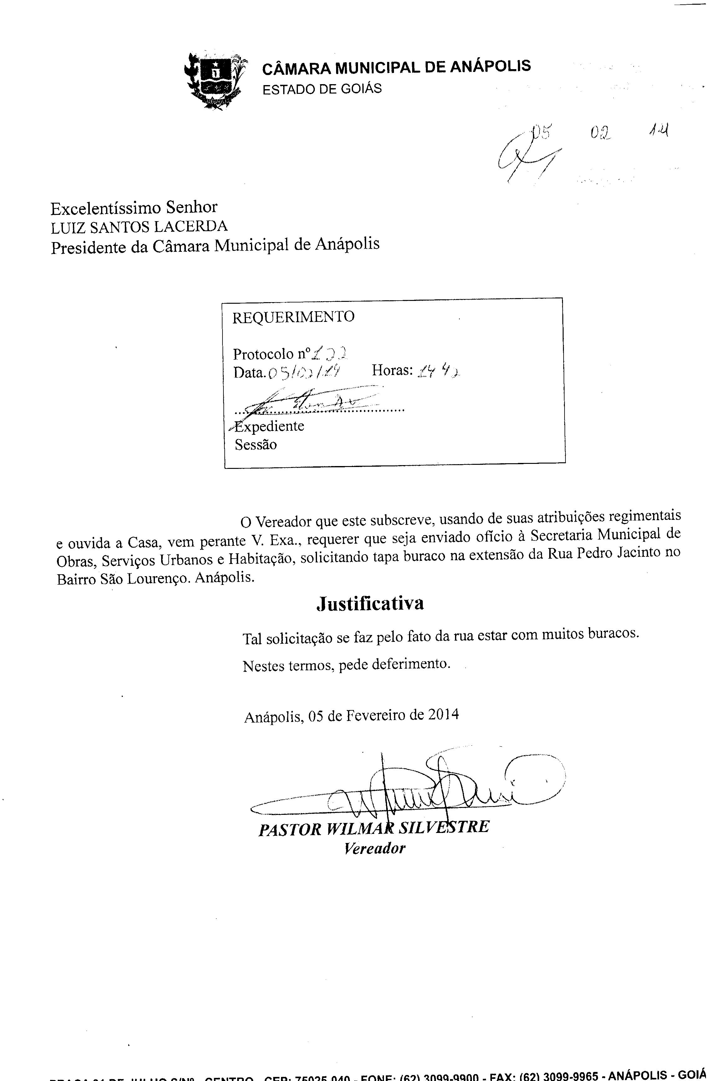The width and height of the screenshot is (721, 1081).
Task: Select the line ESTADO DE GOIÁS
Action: point(322,89)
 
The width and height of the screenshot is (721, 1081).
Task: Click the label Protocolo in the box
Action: point(263,354)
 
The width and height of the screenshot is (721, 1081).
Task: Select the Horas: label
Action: point(392,370)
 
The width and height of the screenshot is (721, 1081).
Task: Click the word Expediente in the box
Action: point(269,426)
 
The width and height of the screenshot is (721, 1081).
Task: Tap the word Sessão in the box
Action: point(256,445)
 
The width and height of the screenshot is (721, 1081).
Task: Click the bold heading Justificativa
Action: point(370,603)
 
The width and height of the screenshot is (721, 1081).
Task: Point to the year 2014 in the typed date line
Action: point(443,715)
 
